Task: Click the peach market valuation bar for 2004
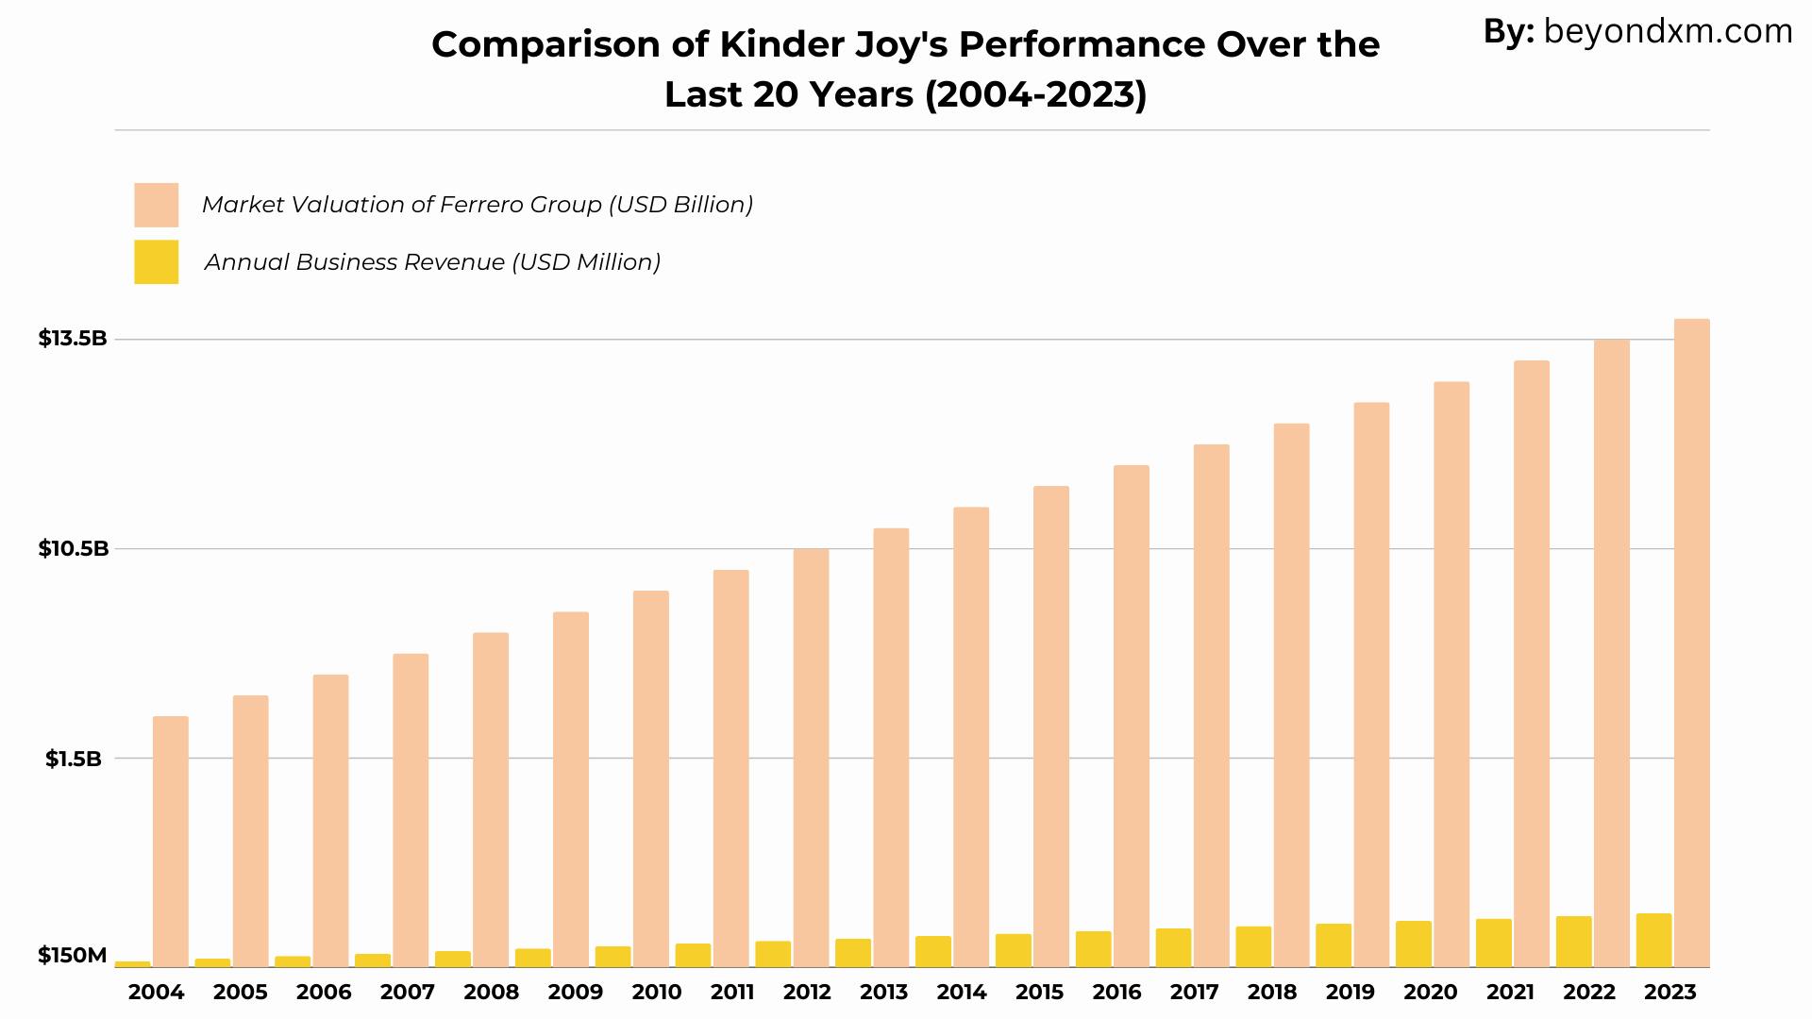(x=171, y=842)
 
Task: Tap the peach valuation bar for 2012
(x=811, y=758)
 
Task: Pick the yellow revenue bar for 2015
(x=1014, y=950)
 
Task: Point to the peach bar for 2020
(x=1451, y=675)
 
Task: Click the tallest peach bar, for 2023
(x=1692, y=643)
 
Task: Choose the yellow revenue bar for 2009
(x=533, y=958)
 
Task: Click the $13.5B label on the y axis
(x=73, y=338)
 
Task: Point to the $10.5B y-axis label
(x=74, y=548)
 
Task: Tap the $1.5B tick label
(x=74, y=759)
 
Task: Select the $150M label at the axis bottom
(x=73, y=955)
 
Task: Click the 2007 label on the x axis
(x=408, y=992)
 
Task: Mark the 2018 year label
(x=1272, y=992)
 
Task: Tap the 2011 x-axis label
(x=732, y=992)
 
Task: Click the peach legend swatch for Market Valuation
(x=156, y=205)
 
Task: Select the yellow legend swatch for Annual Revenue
(x=156, y=261)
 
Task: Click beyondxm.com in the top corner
(x=1668, y=32)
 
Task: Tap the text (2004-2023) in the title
(x=1036, y=94)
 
